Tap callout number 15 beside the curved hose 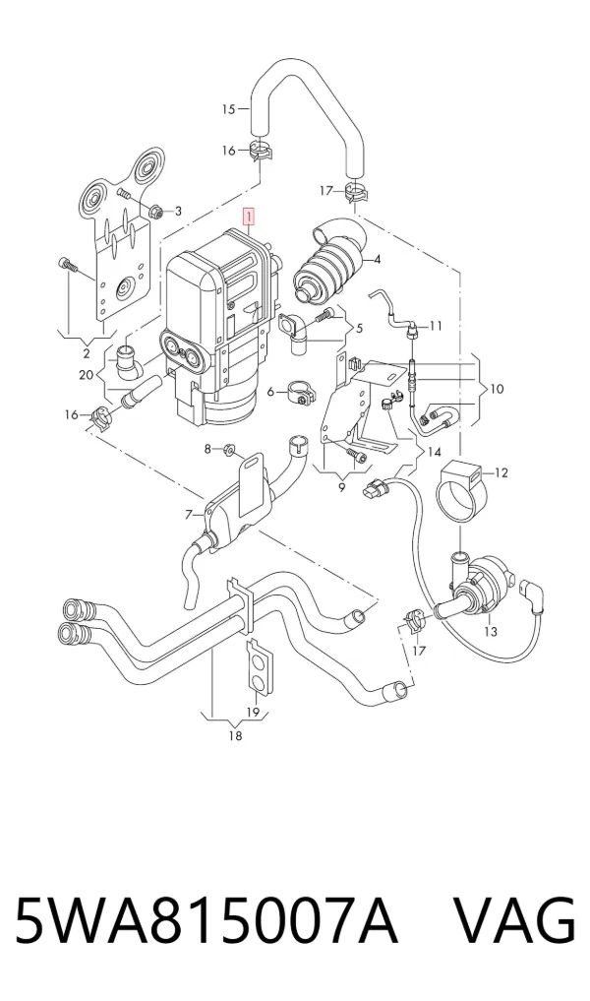click(x=228, y=109)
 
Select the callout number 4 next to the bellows click(x=378, y=259)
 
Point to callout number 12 click(x=501, y=472)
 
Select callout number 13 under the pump click(x=491, y=631)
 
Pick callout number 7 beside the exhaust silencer click(x=189, y=515)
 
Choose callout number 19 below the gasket click(x=253, y=713)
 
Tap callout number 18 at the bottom click(x=235, y=736)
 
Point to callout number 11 click(x=436, y=326)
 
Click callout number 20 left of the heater click(x=87, y=375)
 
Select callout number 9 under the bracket click(x=341, y=488)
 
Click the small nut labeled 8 click(x=228, y=451)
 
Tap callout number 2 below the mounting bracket click(x=87, y=354)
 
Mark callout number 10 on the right click(x=497, y=388)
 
